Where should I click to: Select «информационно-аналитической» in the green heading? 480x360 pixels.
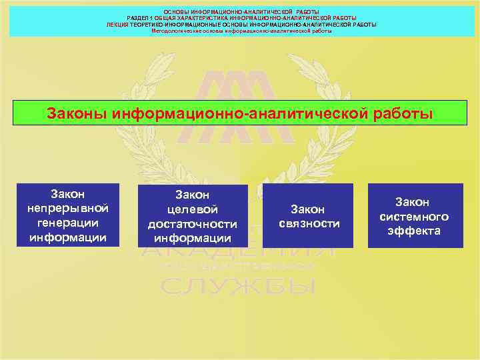[x=239, y=113]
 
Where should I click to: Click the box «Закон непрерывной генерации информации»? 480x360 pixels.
[x=69, y=215]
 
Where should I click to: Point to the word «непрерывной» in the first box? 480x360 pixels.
[x=69, y=208]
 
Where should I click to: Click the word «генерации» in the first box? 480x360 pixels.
[x=69, y=223]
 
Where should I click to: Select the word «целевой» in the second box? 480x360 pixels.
[x=192, y=209]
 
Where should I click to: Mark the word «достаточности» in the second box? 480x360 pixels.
[x=192, y=223]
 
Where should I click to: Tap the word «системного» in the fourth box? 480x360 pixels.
[x=414, y=216]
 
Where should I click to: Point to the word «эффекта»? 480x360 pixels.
[x=414, y=231]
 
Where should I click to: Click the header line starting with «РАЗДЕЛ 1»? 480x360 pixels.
[x=241, y=18]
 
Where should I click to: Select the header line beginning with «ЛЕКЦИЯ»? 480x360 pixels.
[x=241, y=24]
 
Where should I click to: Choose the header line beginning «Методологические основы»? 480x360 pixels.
[x=241, y=30]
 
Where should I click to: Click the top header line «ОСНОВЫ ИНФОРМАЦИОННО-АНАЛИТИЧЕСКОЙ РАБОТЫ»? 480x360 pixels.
[x=241, y=12]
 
